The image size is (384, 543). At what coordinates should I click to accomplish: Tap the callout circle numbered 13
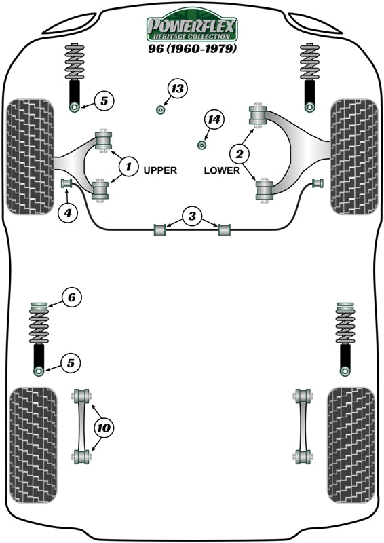(177, 89)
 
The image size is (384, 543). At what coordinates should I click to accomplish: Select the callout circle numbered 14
(214, 120)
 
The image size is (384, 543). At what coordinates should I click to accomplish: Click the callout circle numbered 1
(126, 164)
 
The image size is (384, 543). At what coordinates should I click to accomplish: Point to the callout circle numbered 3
(192, 217)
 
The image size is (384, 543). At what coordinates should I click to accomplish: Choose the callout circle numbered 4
(68, 214)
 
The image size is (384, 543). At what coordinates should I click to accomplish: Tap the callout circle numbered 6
(72, 297)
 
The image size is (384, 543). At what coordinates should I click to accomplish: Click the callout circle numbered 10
(103, 428)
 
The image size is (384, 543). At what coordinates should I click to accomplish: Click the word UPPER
(160, 171)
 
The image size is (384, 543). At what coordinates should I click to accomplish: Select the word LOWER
(222, 171)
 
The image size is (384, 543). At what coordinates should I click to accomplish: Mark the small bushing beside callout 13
(161, 110)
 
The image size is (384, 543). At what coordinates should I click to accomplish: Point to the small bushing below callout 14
(201, 145)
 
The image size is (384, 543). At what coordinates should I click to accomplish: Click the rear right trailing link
(302, 426)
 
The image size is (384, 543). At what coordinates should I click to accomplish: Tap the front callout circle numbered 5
(103, 102)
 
